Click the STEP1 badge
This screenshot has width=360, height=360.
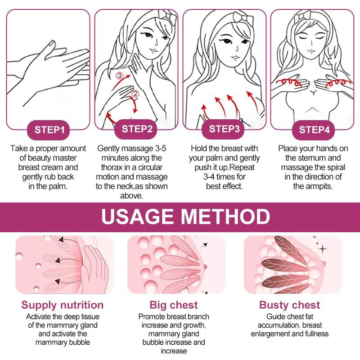point(49,130)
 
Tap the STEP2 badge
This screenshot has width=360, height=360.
point(137,129)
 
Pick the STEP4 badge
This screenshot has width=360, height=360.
point(315,130)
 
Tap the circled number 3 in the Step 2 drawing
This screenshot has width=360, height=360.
point(119,76)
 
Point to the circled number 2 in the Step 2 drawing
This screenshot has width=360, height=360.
point(135,94)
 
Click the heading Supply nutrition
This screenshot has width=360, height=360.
point(63,305)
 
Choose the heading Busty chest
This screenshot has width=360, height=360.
point(289,305)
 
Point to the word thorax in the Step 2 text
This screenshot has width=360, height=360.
point(109,167)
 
